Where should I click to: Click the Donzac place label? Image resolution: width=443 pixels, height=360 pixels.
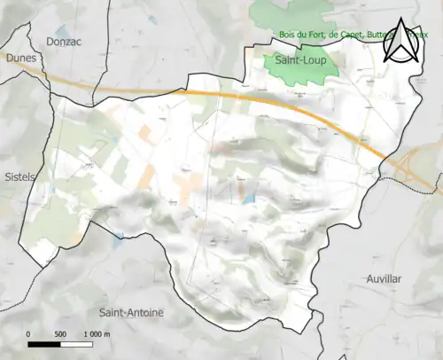pos(64,41)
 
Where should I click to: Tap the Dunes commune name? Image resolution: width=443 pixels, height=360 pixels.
pos(19,59)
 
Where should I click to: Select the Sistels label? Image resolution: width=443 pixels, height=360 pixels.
pos(19,176)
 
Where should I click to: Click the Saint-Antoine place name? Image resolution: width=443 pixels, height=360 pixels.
pos(131,313)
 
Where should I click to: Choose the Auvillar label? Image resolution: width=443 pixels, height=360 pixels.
pos(384,278)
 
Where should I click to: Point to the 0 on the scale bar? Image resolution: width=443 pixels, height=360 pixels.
pos(28,333)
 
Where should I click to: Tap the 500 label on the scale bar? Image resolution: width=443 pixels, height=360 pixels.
pos(60,333)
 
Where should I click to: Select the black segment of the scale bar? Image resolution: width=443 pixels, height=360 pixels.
pos(44,343)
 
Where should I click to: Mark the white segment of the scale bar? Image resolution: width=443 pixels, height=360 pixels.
pos(76,343)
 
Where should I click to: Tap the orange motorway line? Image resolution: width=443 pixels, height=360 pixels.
pos(221,93)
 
